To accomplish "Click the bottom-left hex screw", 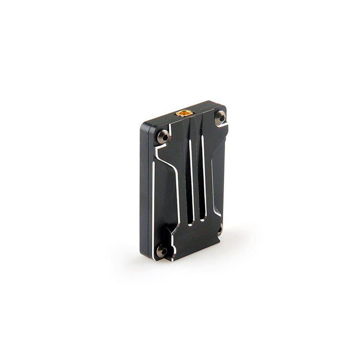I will tap(162, 251).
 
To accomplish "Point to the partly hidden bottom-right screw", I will tap(220, 229).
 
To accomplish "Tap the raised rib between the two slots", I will tap(197, 178).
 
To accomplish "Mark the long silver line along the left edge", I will tap(153, 206).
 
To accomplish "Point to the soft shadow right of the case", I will tap(240, 240).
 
